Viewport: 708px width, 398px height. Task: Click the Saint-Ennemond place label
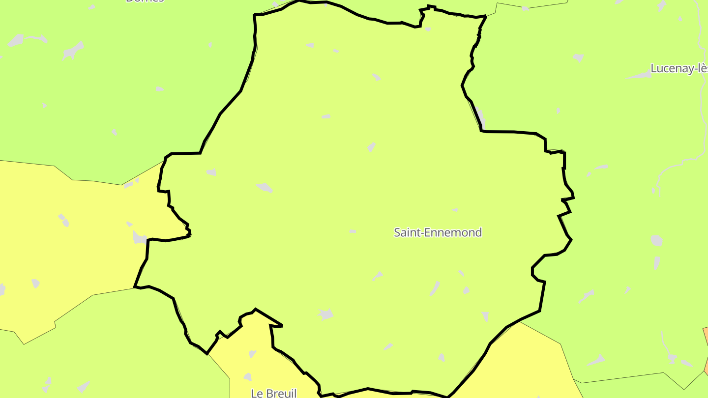(438, 232)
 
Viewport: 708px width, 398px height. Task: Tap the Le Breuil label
(273, 393)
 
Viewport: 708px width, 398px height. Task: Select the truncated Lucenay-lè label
(678, 69)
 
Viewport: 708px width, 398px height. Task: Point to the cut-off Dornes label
(145, 1)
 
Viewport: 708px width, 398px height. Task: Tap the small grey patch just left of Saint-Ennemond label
(353, 231)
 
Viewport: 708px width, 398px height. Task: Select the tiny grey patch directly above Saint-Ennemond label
(455, 210)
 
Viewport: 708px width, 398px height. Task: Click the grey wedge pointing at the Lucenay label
(639, 76)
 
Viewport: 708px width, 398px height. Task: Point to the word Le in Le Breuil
(257, 393)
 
